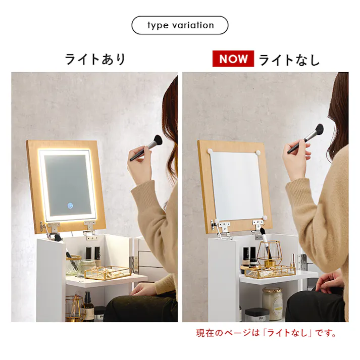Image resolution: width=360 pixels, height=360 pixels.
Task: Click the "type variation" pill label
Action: point(180,25)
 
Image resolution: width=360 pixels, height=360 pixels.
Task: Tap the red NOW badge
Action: point(233,59)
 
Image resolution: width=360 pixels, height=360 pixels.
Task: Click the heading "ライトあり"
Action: point(95,59)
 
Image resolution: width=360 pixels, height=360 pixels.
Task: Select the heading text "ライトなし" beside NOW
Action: point(289,60)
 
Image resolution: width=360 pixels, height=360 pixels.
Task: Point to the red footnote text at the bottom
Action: point(266,333)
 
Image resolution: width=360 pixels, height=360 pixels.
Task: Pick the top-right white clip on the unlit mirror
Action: point(259,150)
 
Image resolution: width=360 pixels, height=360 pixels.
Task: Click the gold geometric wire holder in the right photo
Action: point(271,255)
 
